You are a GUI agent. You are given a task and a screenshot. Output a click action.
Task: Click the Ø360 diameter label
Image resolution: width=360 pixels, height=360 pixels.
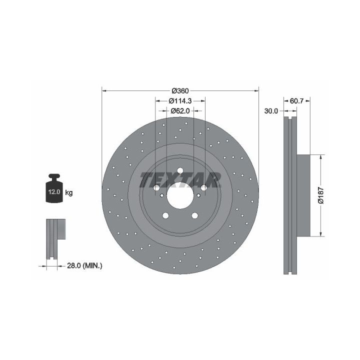coord(180,91)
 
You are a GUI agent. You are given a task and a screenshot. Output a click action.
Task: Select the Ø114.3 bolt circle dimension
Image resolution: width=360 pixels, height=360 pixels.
coord(180,101)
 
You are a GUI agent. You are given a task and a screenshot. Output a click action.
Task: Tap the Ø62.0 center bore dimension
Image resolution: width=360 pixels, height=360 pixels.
coord(180,111)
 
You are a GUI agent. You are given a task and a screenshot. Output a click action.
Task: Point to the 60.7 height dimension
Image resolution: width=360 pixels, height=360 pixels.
coord(296,101)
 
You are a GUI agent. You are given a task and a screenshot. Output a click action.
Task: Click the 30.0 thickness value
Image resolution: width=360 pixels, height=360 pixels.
coord(271,111)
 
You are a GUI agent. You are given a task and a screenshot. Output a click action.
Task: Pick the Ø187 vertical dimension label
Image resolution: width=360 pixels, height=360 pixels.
coord(320,195)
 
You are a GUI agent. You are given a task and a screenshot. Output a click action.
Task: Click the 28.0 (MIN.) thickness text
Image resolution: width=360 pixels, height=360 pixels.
coord(84,266)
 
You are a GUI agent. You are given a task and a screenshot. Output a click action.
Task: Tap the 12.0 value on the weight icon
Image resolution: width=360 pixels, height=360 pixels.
coord(54,192)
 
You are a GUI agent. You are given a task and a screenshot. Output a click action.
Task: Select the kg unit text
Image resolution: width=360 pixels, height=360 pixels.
coord(69,192)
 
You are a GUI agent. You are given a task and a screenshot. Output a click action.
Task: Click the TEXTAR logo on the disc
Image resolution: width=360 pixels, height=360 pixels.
coord(180,180)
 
